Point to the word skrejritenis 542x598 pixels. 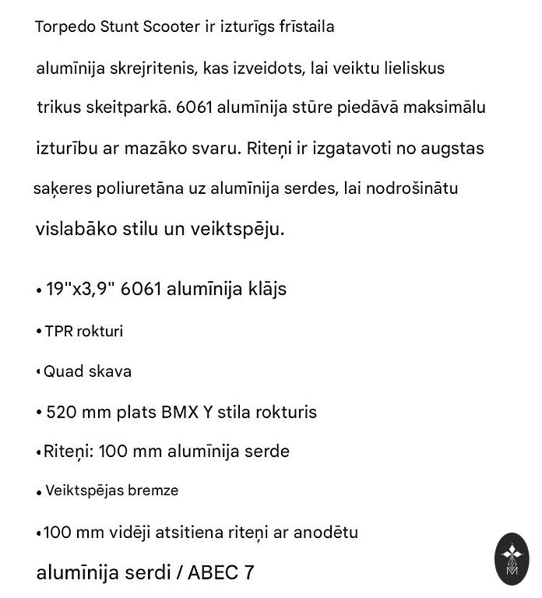(x=157, y=69)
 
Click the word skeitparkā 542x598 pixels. (x=128, y=107)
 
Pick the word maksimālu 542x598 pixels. (x=448, y=107)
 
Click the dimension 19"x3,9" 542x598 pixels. (x=81, y=289)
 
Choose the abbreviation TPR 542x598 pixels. (x=58, y=332)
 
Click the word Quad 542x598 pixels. (x=62, y=372)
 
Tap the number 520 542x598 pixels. (x=62, y=412)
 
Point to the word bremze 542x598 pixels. (x=154, y=491)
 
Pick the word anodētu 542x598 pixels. (x=322, y=533)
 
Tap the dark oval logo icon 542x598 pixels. (x=512, y=559)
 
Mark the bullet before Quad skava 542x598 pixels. (x=38, y=372)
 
